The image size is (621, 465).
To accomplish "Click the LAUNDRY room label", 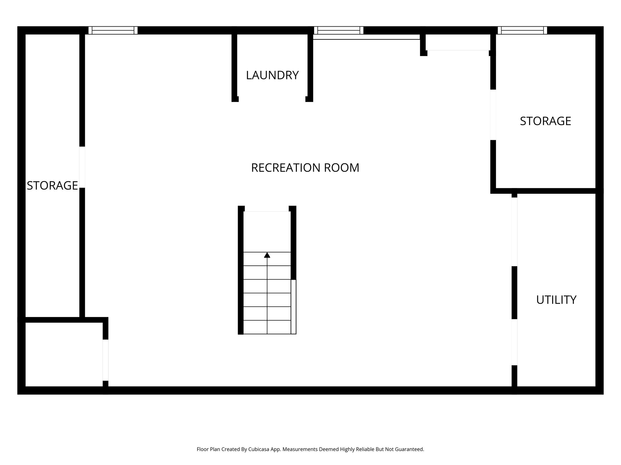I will point(272,75).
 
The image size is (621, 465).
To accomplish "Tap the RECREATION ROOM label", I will point(305,168).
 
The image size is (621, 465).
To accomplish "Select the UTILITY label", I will point(556,300).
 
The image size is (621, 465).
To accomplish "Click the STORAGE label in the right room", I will point(545,121).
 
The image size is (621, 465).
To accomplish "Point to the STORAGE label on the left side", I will point(52,185).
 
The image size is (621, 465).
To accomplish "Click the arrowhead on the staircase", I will point(267,255).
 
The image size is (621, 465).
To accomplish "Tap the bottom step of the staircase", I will point(267,327).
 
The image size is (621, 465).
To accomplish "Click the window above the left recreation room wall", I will point(113,30).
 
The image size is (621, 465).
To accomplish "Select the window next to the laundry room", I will point(338,30).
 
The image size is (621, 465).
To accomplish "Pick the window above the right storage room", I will point(522,30).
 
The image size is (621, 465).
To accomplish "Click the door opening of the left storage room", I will point(82,167).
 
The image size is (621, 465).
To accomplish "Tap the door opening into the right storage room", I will point(493,115).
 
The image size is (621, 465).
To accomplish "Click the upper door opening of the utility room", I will point(514,232).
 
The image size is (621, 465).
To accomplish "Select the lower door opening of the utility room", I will point(514,342).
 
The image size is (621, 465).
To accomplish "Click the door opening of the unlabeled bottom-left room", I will point(105,360).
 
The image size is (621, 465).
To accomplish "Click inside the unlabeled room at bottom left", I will point(64,354).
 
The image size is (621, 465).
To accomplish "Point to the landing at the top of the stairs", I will point(267,232).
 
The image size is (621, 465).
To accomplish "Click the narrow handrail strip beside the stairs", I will point(293,306).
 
